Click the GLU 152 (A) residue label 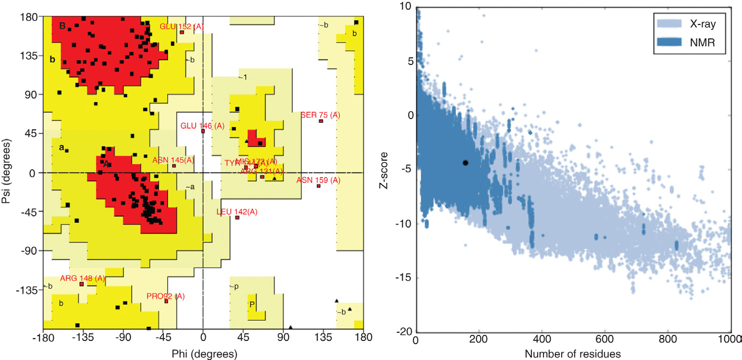click(x=182, y=26)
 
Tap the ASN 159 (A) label click(x=318, y=180)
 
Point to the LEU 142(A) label click(x=237, y=212)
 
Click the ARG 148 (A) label click(x=82, y=278)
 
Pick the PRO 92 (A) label click(x=165, y=296)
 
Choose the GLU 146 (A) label click(x=203, y=125)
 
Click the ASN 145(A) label click(x=173, y=160)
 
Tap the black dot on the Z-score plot click(x=465, y=163)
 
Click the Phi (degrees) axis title click(x=203, y=353)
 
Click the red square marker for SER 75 click(x=321, y=121)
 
